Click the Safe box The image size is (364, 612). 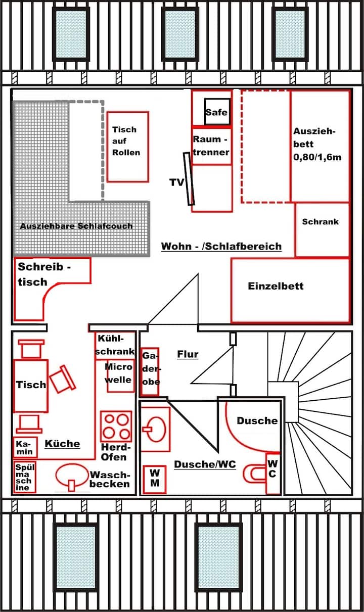(216, 112)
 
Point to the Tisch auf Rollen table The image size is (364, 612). (127, 147)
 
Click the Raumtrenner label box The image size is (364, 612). (212, 147)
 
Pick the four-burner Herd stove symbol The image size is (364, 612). (116, 426)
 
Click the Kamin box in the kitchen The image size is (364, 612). (24, 447)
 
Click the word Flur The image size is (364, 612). (187, 354)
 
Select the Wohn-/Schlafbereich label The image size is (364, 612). (221, 247)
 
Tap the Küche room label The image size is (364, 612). (62, 444)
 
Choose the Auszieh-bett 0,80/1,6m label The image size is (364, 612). (317, 144)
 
